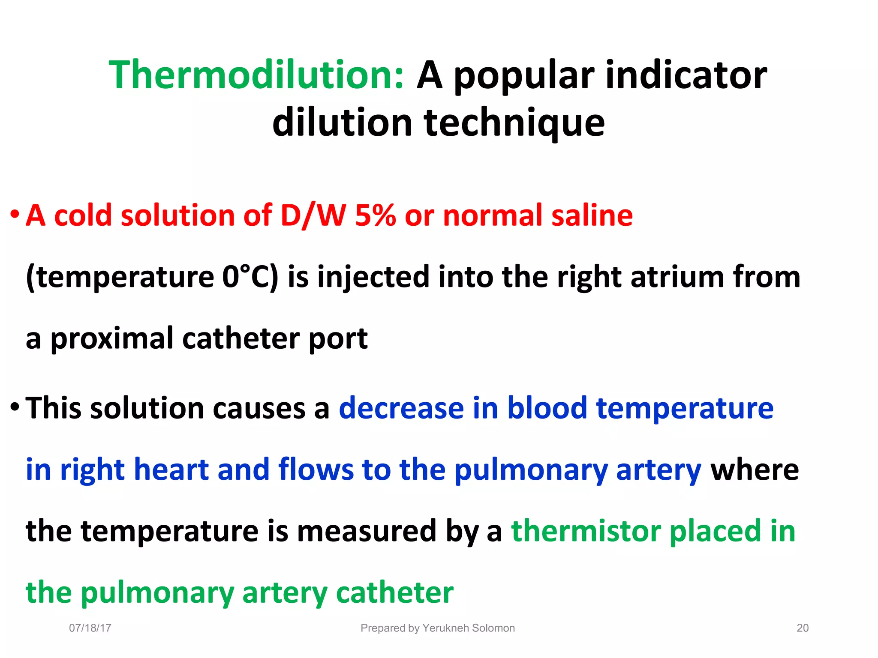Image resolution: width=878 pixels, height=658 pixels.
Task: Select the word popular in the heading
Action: [524, 76]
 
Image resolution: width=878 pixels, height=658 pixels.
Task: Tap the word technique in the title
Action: [514, 123]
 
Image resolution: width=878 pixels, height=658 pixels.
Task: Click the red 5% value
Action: [375, 215]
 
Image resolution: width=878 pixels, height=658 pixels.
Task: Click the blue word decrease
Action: [401, 408]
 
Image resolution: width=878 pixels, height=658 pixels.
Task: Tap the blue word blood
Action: [547, 408]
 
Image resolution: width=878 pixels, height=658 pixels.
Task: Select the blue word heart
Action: [171, 470]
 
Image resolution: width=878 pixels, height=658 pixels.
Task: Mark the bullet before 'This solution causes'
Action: [15, 406]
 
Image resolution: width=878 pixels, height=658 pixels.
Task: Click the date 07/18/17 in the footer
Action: [90, 628]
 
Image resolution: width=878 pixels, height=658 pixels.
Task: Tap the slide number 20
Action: [803, 628]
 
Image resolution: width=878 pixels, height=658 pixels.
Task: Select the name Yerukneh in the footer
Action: [445, 628]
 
